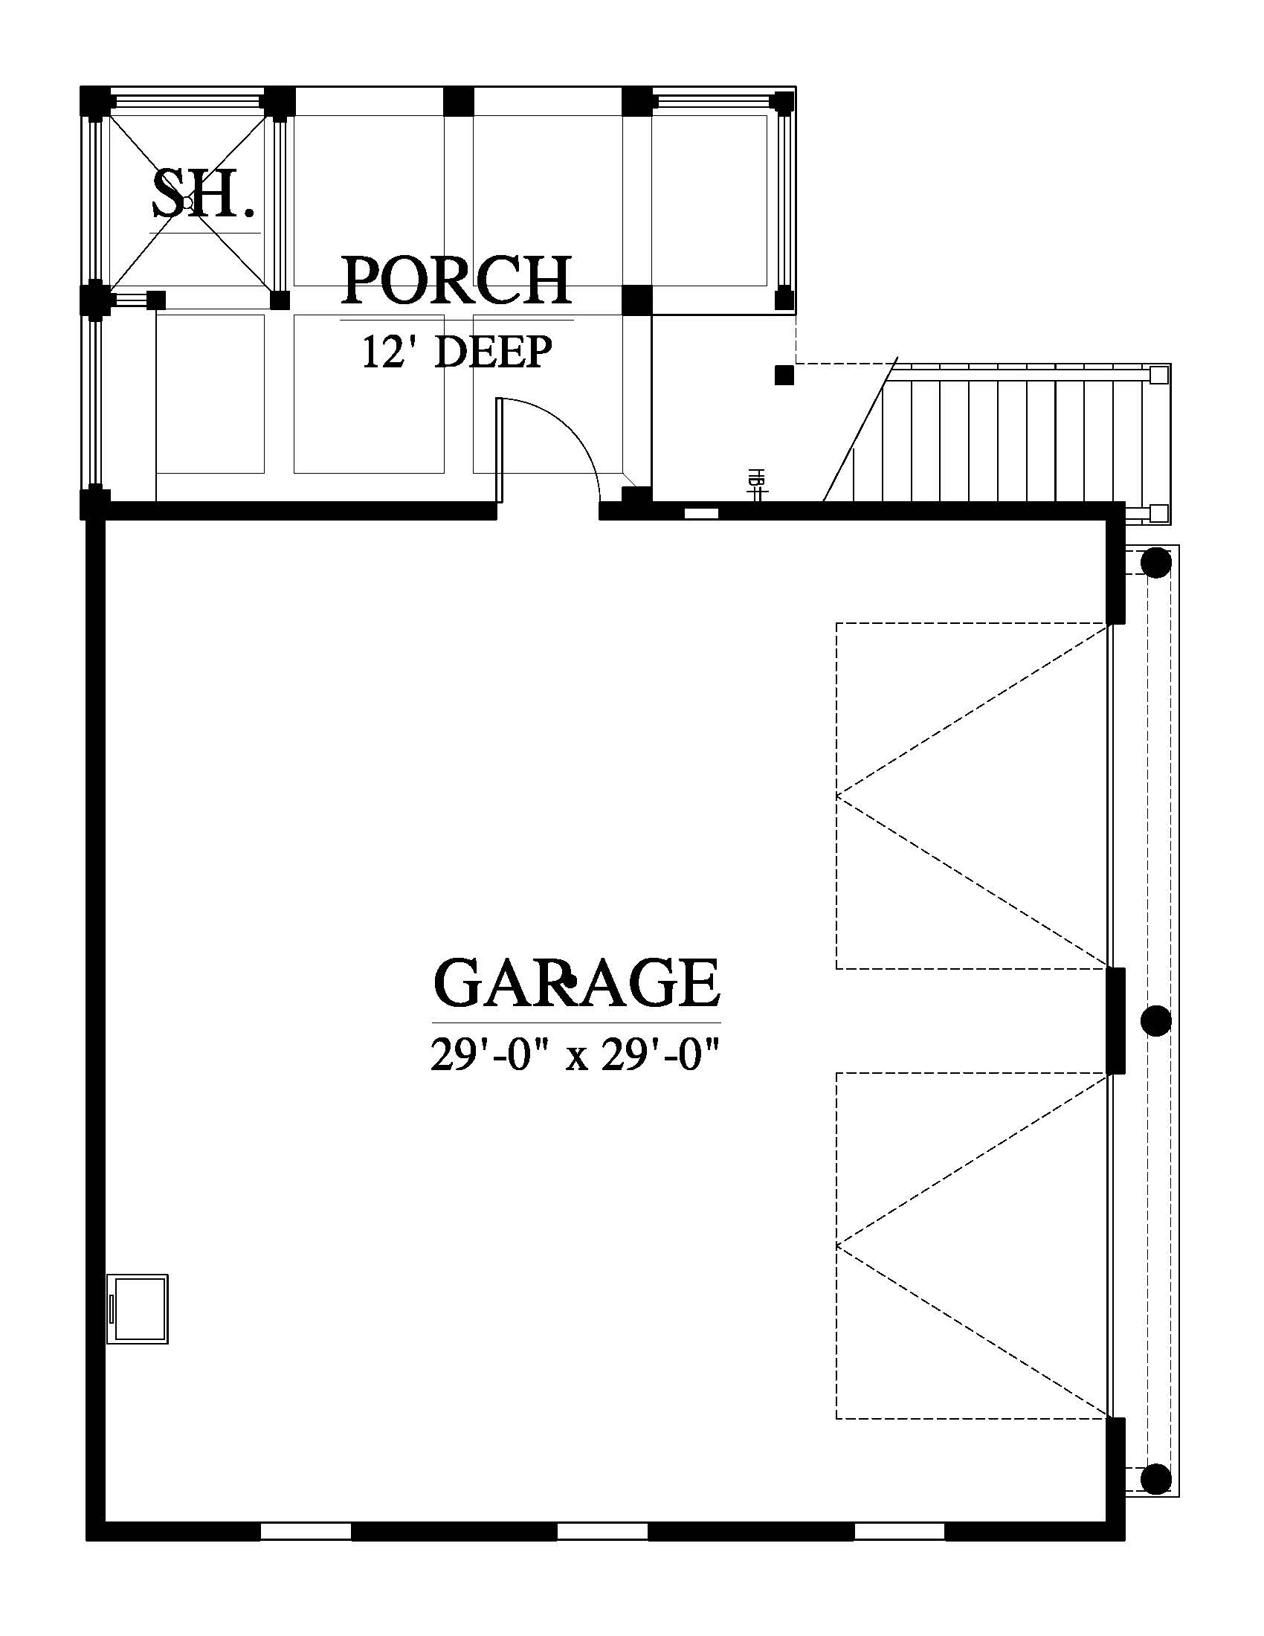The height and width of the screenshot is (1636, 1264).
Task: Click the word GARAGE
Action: (576, 983)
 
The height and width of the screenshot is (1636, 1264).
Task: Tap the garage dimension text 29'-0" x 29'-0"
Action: (575, 1054)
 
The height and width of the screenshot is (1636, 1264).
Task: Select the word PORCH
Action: (457, 280)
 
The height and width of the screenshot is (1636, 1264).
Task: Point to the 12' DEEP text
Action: (457, 352)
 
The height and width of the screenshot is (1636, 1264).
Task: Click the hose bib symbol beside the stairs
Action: (757, 485)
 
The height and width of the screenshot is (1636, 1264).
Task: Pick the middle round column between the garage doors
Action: (1156, 1020)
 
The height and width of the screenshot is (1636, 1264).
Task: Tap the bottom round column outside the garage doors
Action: (1156, 1478)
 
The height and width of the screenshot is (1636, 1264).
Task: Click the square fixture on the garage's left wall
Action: (137, 1309)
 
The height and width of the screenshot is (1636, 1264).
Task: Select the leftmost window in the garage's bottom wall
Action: (306, 1530)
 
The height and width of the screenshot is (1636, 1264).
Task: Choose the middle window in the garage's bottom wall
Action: (603, 1530)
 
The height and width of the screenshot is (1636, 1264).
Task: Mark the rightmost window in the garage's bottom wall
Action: (900, 1530)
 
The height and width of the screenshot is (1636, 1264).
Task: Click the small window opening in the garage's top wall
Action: (702, 513)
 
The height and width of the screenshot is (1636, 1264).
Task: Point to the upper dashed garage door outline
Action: (972, 796)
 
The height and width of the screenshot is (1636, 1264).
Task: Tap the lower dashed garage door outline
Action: (972, 1246)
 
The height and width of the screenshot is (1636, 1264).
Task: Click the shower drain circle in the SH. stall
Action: (188, 202)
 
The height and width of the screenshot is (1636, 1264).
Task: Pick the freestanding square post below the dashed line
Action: (784, 376)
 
